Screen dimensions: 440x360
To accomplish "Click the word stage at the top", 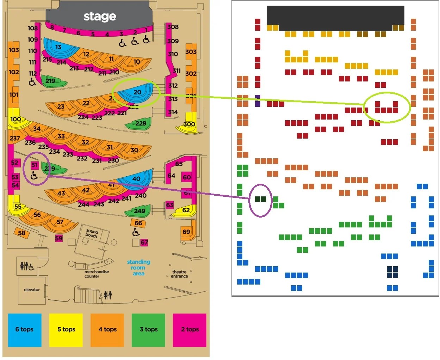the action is (100, 16).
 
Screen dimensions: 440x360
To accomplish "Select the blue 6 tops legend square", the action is (25, 330).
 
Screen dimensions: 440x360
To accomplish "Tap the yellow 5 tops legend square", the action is (66, 330).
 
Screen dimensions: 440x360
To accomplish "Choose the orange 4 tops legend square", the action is (107, 330).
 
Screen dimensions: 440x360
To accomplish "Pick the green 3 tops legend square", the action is (148, 330).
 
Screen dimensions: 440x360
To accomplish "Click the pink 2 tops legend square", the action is (190, 330).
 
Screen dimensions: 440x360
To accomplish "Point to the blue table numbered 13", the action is (58, 47).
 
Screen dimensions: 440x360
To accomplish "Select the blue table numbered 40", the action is (136, 179).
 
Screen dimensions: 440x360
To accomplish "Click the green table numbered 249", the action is (139, 211).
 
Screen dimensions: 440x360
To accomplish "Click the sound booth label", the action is (92, 233).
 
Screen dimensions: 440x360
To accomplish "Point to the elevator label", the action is (32, 289).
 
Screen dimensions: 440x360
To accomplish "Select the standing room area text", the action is (138, 268).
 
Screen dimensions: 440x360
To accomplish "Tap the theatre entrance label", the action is (179, 274).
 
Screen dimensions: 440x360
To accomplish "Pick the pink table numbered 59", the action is (59, 238).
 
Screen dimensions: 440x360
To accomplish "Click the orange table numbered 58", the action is (21, 233).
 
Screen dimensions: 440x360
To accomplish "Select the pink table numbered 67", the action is (144, 242).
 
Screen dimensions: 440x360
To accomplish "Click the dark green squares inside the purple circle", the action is (261, 199).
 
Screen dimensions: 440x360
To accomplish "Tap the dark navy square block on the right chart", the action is (392, 272).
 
